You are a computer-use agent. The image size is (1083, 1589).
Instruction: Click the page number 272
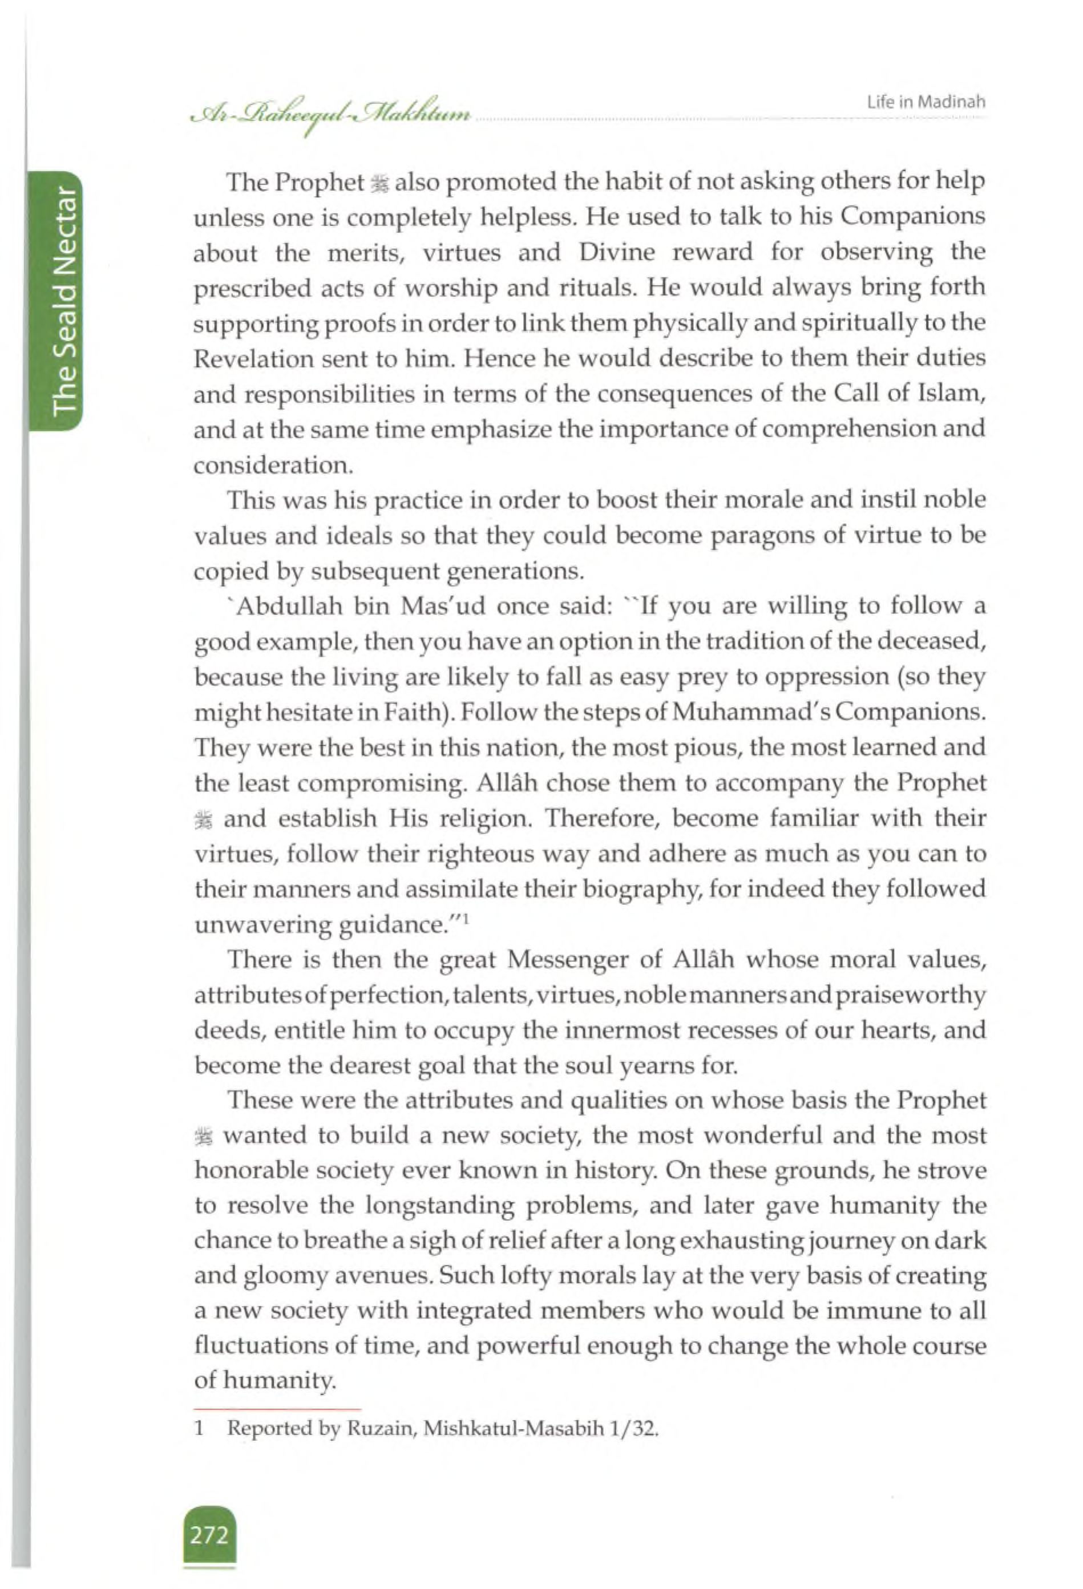(209, 1535)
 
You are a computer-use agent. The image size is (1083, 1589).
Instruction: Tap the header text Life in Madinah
(926, 102)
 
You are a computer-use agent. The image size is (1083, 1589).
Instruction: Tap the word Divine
(617, 252)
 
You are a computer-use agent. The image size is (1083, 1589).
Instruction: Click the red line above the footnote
(277, 1409)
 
